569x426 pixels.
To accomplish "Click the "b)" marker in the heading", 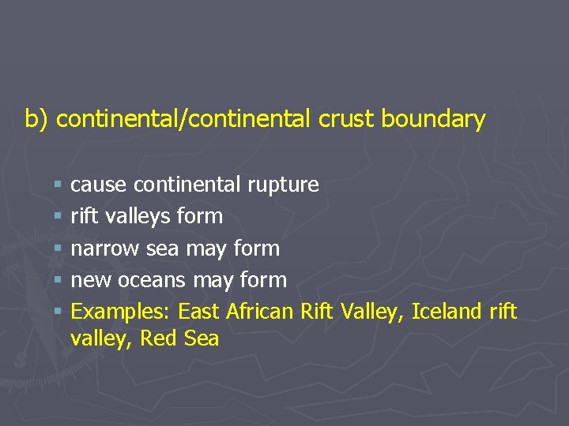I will click(x=36, y=119).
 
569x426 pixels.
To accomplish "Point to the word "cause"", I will click(x=99, y=185).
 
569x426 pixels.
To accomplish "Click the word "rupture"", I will click(x=283, y=185).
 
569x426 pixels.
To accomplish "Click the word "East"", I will click(x=198, y=312).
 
